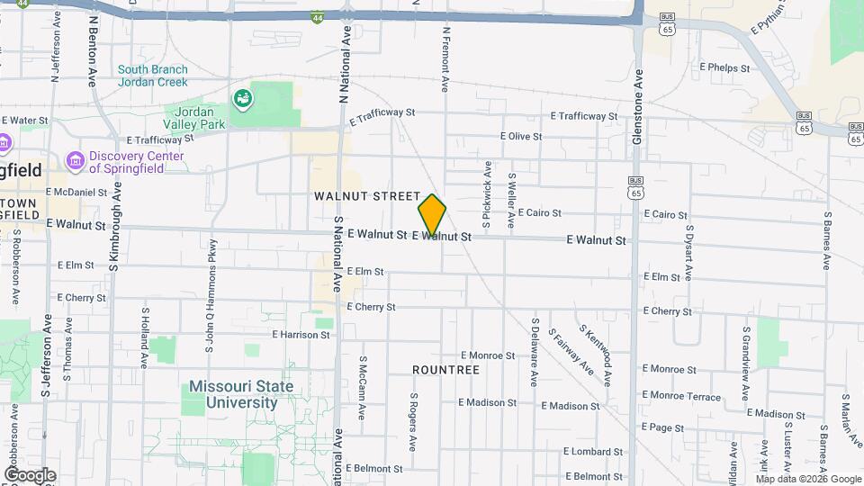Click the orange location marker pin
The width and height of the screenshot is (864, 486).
[x=432, y=215]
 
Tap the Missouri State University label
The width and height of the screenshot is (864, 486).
[x=240, y=395]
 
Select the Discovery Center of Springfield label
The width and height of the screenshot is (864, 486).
[x=136, y=162]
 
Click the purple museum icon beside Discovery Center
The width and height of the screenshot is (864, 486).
[x=75, y=161]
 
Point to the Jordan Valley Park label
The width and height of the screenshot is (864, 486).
[x=193, y=118]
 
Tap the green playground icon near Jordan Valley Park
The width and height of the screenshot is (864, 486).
[x=241, y=98]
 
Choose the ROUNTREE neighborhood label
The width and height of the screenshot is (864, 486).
[x=445, y=370]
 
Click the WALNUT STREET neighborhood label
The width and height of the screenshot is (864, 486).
[x=367, y=195]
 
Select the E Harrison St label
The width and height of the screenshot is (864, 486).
[x=300, y=335]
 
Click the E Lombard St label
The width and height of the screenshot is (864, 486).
[x=593, y=451]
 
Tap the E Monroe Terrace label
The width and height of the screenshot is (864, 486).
[x=682, y=397]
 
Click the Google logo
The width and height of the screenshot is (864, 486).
[x=30, y=475]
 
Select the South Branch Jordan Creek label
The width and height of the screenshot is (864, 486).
[x=152, y=76]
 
